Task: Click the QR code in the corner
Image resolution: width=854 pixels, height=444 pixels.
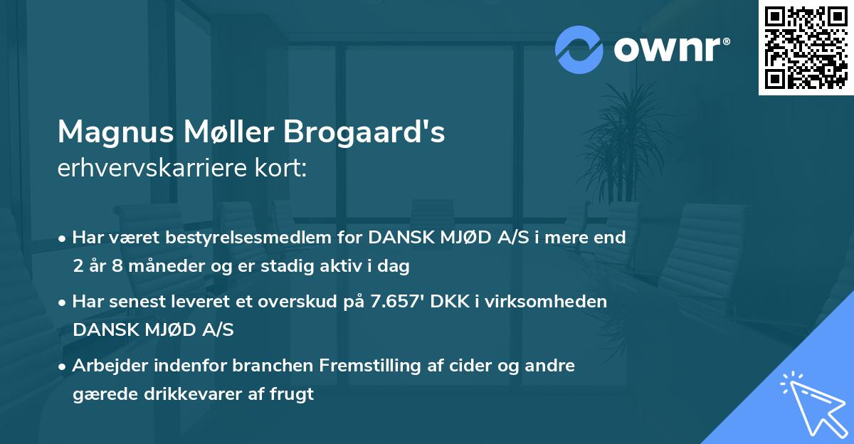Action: click(x=806, y=47)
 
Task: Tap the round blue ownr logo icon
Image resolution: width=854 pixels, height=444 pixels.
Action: click(x=579, y=49)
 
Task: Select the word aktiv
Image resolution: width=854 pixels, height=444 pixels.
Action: click(x=352, y=267)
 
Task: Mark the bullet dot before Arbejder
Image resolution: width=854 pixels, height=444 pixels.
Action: click(x=63, y=366)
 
